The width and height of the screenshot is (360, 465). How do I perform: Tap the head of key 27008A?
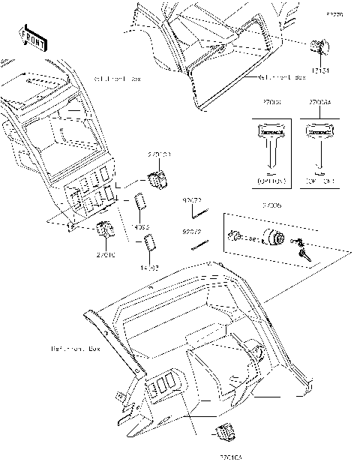[320, 133]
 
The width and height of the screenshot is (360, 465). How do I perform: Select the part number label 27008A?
[321, 100]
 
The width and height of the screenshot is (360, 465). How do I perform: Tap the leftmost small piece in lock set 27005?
[235, 236]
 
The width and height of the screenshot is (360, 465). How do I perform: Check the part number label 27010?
[105, 255]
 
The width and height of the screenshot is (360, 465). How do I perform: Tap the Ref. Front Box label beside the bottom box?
[75, 349]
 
